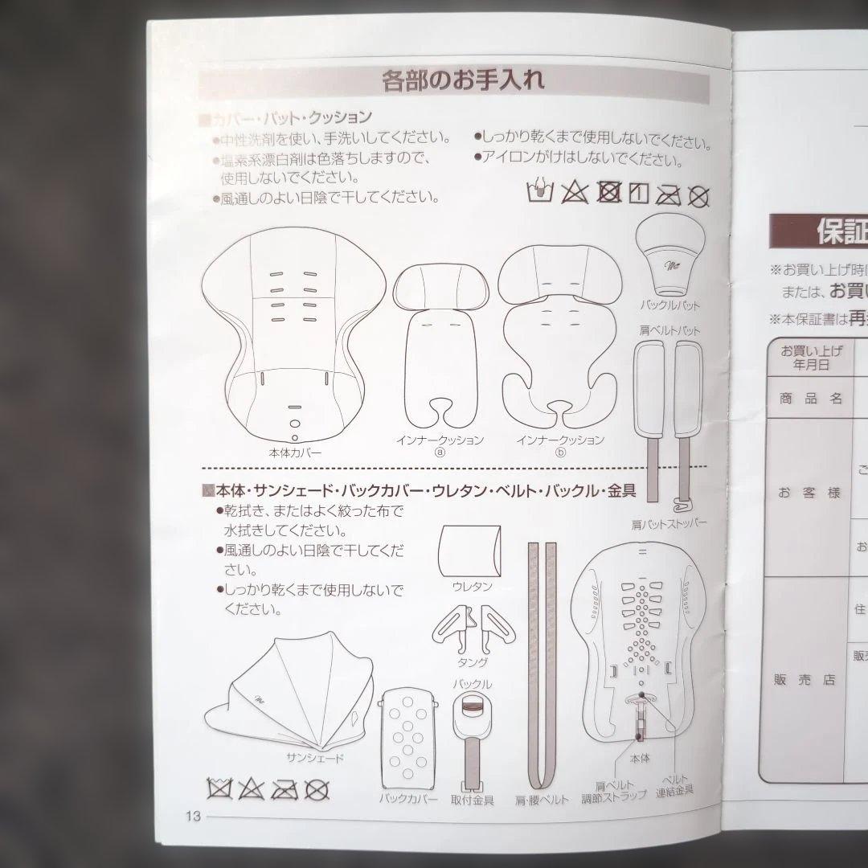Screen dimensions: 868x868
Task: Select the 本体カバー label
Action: tap(294, 452)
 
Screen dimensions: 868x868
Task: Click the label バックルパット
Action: tap(669, 305)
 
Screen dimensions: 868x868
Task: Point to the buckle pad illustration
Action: tap(670, 256)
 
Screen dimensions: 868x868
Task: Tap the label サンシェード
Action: tap(315, 758)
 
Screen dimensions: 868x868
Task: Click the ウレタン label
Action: tap(472, 587)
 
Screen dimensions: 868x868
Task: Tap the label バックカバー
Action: tap(409, 800)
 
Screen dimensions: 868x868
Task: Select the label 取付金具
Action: tap(473, 800)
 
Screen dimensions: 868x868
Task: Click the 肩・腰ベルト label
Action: tap(543, 800)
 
